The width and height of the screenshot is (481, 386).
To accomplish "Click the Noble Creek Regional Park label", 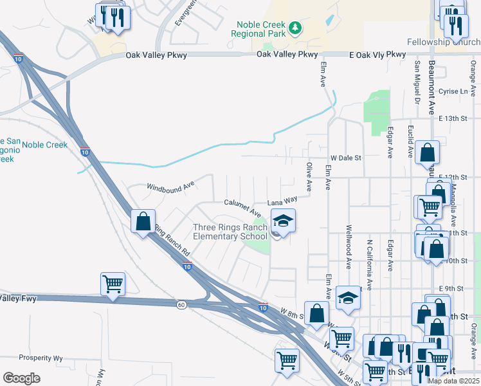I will point(259,28).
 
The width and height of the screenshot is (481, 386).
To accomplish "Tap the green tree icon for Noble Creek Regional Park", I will point(295,28).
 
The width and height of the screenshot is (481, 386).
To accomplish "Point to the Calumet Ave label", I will point(242,207).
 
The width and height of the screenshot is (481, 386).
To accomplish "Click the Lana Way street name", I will point(282,201).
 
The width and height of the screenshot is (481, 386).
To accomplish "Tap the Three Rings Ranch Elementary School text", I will point(230,232).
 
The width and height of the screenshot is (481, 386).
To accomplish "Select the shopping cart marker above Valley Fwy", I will point(113,283).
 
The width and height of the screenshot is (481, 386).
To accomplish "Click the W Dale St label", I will point(347,157).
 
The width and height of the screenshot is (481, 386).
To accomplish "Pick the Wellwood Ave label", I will point(349,246).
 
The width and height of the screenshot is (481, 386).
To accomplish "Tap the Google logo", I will point(21,378).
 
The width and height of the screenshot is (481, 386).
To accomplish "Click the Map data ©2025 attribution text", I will point(453,381).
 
